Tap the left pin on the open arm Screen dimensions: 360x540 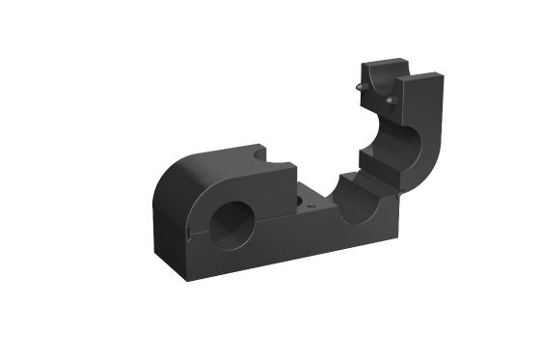[x=360, y=88]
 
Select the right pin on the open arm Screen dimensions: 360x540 [x=392, y=100]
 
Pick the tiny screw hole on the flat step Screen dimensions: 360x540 [x=311, y=206]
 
